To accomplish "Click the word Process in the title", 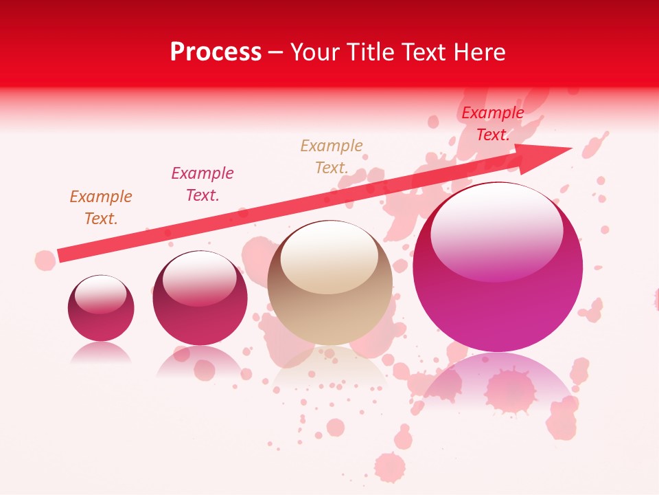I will (x=216, y=52).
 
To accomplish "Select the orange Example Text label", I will (x=101, y=208).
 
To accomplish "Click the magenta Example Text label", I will (x=203, y=184).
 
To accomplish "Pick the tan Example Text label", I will (x=332, y=157).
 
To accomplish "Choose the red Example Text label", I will (x=492, y=124).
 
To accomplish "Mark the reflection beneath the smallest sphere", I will (x=101, y=353).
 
